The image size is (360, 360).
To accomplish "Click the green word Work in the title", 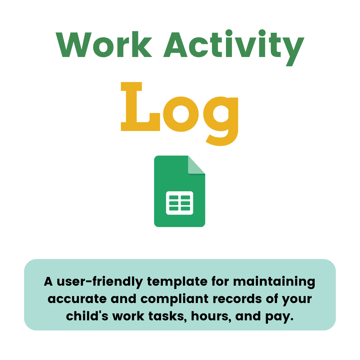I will click(104, 45).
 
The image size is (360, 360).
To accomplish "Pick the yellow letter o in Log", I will click(181, 114).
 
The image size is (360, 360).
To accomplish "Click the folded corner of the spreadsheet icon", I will click(196, 165).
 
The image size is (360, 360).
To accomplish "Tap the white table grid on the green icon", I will click(179, 203).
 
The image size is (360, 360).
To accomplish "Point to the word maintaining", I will click(274, 282).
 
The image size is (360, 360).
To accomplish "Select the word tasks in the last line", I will click(165, 316).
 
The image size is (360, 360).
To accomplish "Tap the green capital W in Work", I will click(73, 45).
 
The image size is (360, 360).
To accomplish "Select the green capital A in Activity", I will click(175, 45).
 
